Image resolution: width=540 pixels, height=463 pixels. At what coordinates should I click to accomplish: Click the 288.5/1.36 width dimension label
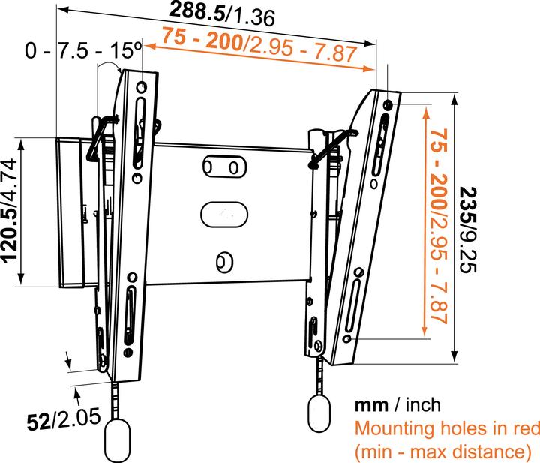pos(221,13)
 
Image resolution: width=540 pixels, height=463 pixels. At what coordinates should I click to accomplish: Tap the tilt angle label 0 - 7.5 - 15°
pos(83,51)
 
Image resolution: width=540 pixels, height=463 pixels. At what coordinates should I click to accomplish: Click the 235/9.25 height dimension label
pos(470,233)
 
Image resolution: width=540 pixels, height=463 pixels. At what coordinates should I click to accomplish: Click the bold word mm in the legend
pos(371,405)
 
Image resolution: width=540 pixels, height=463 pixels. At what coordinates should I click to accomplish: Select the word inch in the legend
pos(423,405)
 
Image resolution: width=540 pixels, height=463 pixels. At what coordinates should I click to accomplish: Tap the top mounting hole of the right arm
pos(387,103)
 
